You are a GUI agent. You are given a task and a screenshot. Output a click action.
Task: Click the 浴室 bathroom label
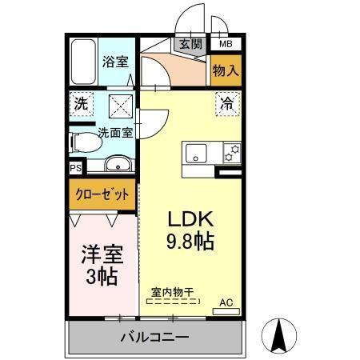114,62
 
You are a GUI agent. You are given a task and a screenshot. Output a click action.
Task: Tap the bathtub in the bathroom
82,62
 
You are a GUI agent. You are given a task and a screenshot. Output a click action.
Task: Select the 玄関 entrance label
190,45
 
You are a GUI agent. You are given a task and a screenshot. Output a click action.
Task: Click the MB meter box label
226,45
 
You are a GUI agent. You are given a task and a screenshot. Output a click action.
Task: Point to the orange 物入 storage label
226,71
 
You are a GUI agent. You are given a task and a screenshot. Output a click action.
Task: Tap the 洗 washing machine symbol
80,103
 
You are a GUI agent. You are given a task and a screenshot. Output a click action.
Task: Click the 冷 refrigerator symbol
226,102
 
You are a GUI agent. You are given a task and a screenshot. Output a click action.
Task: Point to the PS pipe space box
74,168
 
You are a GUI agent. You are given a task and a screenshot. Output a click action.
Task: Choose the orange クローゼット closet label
101,194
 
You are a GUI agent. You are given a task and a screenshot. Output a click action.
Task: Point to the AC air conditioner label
226,302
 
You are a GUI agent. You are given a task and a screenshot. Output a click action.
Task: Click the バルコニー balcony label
154,336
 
